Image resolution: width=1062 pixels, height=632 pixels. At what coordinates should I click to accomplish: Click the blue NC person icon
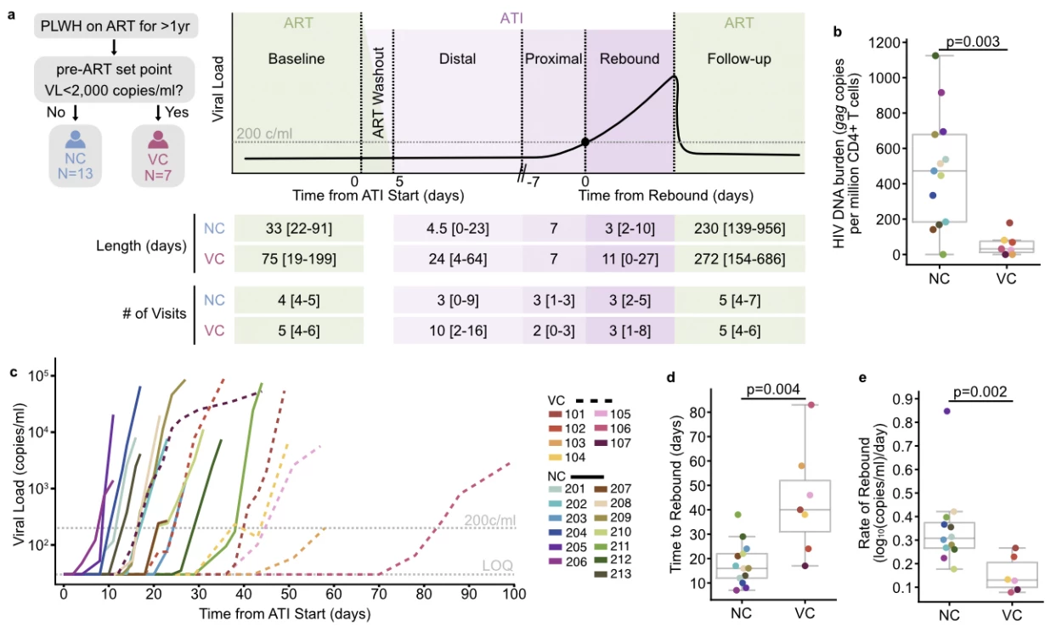point(76,139)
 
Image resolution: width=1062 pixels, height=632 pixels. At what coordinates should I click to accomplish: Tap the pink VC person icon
point(158,139)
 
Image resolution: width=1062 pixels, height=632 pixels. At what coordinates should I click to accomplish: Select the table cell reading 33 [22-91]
point(299,229)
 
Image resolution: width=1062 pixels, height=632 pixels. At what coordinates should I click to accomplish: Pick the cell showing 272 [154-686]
point(740,259)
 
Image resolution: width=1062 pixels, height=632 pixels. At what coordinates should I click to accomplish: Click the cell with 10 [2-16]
point(458,330)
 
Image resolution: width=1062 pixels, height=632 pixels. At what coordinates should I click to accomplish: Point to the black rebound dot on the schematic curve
point(585,142)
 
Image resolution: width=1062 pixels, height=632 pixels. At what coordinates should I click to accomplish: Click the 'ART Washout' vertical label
point(378,93)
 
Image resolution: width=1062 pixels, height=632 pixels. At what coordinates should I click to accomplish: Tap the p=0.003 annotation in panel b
point(973,42)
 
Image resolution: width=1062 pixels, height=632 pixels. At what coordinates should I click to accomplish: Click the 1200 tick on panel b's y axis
point(884,42)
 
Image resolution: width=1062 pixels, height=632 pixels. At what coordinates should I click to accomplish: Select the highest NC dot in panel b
point(935,56)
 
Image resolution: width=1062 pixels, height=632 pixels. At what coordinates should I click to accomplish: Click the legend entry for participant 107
point(613,443)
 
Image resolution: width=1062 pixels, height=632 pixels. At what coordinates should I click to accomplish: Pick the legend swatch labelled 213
point(602,574)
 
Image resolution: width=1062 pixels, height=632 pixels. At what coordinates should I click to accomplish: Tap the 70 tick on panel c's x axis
point(379,594)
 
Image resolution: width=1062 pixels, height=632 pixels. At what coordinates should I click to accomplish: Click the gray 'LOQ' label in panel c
point(497,565)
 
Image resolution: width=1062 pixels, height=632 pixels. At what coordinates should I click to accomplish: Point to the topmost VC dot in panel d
point(811,405)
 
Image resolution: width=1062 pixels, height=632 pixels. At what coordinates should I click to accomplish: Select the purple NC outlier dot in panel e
point(946,411)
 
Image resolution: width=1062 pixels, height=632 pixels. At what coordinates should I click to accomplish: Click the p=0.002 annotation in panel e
point(980,392)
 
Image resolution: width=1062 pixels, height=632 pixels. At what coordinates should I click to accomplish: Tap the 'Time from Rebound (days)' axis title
point(665,195)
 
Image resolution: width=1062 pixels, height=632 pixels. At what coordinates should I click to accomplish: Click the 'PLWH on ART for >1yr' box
point(116,25)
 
